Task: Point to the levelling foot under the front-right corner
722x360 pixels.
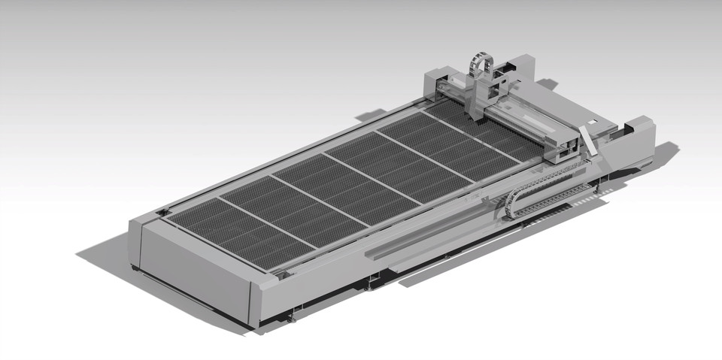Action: pos(291,319)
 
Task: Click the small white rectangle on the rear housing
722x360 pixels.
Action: pos(592,120)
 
